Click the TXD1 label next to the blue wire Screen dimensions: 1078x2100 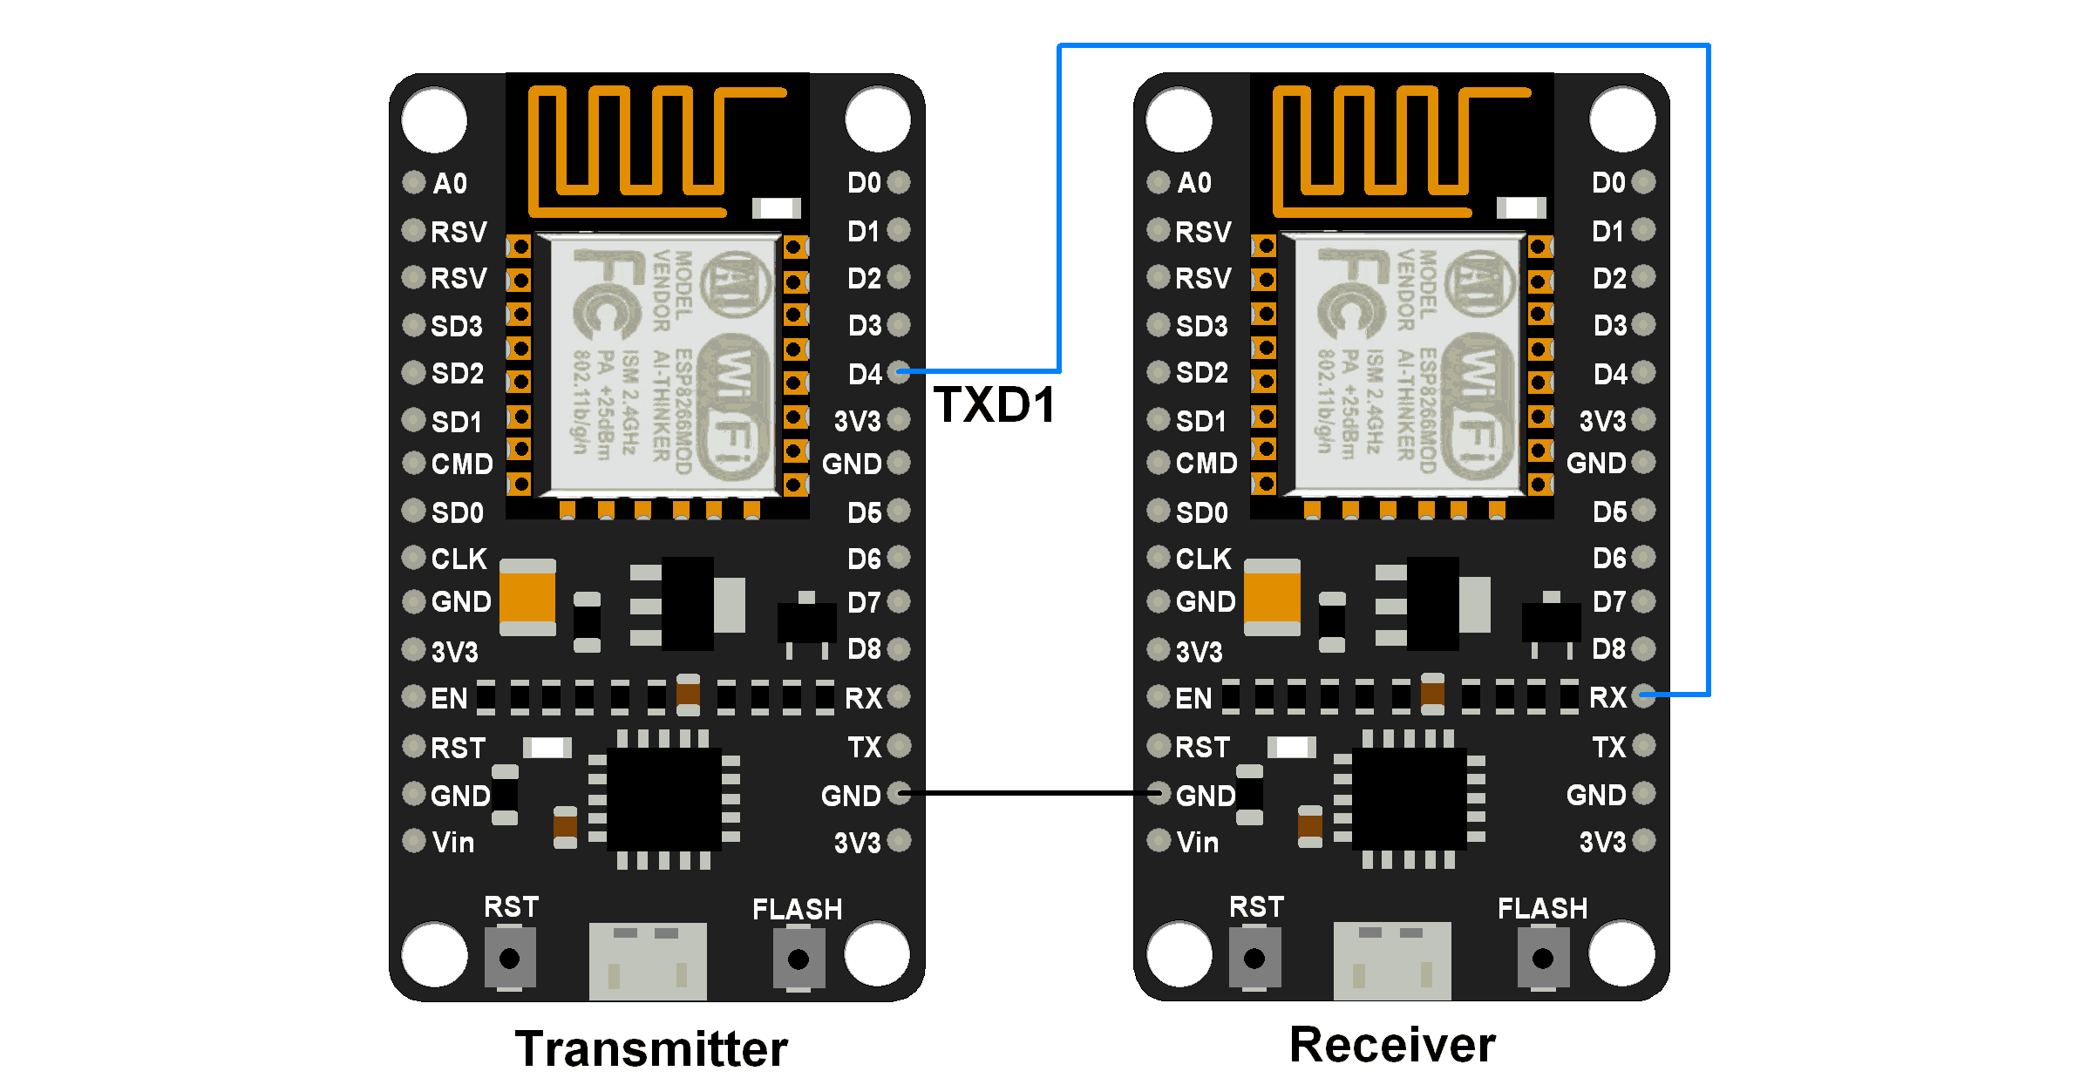point(994,405)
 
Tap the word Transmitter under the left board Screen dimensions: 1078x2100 point(651,1047)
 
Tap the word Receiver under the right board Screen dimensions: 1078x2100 point(1392,1044)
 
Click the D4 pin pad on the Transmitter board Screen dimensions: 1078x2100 point(899,372)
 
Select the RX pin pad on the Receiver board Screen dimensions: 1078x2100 point(1644,695)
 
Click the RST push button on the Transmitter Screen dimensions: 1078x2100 point(510,959)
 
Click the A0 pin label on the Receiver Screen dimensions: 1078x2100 point(1194,182)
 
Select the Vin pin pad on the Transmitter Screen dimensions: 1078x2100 point(413,841)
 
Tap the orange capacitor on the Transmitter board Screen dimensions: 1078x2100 point(527,598)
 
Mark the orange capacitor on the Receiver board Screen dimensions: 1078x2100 point(1272,598)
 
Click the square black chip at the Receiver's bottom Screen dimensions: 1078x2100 point(1409,798)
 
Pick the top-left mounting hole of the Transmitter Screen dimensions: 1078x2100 point(434,120)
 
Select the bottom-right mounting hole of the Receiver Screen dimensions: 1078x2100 point(1621,953)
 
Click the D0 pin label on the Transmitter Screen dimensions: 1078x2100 point(864,182)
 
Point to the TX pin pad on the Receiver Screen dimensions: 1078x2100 point(1644,746)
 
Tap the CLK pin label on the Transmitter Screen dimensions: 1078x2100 point(459,559)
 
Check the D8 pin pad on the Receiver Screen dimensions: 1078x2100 point(1644,648)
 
